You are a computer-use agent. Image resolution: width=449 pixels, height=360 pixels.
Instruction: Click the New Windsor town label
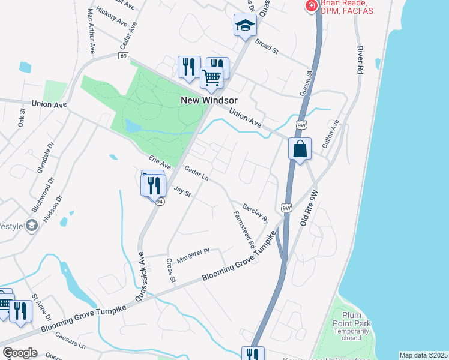point(209,100)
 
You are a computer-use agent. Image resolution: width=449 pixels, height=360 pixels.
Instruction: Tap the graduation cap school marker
point(245,25)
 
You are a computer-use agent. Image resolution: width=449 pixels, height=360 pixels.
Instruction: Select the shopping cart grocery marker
point(211,77)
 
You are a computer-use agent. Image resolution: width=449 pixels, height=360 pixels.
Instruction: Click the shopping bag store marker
point(300,149)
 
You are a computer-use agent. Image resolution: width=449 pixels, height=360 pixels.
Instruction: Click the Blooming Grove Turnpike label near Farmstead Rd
point(241,258)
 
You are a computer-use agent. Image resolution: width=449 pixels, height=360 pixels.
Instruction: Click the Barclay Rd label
point(255,212)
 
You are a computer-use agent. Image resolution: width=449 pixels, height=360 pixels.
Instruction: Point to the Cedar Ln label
point(196,173)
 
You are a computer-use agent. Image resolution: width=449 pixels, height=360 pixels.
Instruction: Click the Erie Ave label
point(160,161)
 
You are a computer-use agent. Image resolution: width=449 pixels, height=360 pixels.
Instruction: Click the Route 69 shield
point(123,56)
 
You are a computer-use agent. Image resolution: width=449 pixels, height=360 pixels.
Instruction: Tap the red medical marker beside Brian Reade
point(311,7)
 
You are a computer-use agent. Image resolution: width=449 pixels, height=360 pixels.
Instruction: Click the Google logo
point(19,353)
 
